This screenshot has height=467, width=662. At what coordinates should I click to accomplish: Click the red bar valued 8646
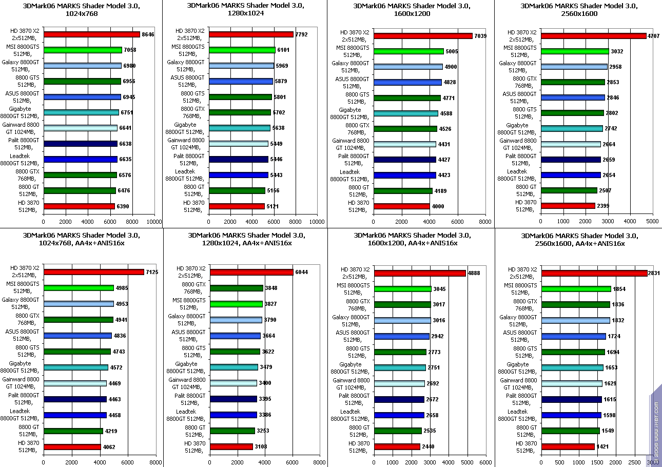[91, 34]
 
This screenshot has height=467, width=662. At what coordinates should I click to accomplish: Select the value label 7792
[301, 35]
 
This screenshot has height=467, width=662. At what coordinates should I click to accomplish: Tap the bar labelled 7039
[423, 36]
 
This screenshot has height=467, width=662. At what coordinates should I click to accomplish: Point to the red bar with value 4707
[593, 36]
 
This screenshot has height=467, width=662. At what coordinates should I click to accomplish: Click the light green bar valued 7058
[83, 50]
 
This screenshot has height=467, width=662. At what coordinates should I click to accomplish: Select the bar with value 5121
[237, 206]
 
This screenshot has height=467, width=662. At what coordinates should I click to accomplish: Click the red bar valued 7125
[93, 272]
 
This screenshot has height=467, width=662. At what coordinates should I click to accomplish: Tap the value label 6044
[301, 273]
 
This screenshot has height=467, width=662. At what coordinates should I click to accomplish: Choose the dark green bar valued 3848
[237, 288]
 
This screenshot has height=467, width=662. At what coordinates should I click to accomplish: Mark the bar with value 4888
[420, 273]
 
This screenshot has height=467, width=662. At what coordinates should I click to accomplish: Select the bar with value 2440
[397, 446]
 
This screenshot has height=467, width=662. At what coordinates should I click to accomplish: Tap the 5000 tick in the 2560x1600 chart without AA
[652, 222]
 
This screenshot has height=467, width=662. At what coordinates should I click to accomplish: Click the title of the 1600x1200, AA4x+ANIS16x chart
[412, 239]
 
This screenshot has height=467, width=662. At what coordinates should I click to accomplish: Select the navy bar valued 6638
[81, 144]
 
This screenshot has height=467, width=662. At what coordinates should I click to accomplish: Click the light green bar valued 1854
[576, 289]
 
